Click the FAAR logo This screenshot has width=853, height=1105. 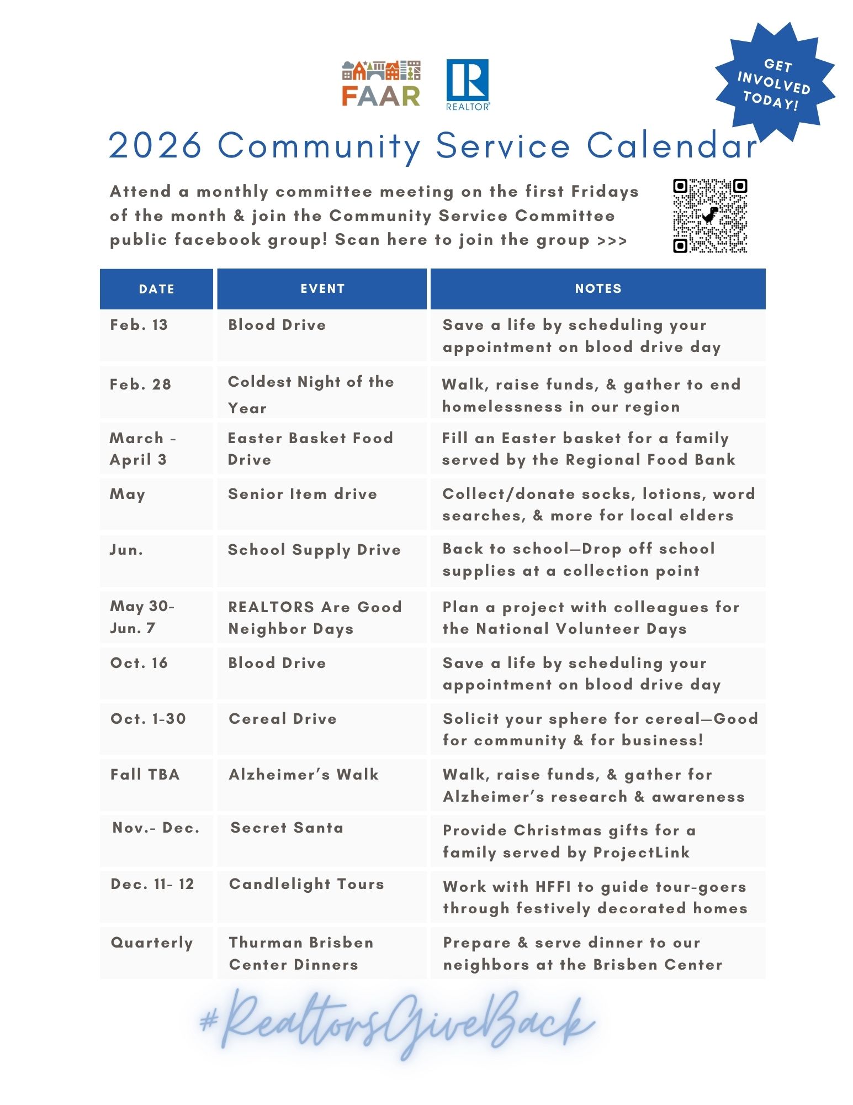tap(381, 83)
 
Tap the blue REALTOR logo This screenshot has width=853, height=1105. tap(467, 85)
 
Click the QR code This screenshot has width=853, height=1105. tap(709, 215)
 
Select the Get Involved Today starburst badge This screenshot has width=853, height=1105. tap(775, 83)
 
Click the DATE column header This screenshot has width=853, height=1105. tap(156, 289)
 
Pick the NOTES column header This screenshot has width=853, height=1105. tap(598, 288)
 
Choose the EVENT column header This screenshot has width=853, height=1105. tap(322, 288)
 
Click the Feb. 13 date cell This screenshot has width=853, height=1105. tap(139, 325)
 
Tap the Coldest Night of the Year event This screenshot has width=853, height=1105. tap(310, 394)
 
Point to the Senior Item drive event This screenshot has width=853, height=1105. tap(303, 494)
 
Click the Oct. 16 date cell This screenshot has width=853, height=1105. tap(139, 663)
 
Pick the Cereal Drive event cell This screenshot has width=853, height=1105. tap(283, 719)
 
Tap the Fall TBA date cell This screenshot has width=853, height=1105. tap(145, 775)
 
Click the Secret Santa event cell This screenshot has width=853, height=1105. tap(287, 828)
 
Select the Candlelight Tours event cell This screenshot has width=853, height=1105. tap(306, 884)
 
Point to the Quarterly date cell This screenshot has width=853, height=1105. tap(152, 943)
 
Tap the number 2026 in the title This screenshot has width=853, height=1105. tap(156, 146)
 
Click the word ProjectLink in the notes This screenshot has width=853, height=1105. tap(642, 853)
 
